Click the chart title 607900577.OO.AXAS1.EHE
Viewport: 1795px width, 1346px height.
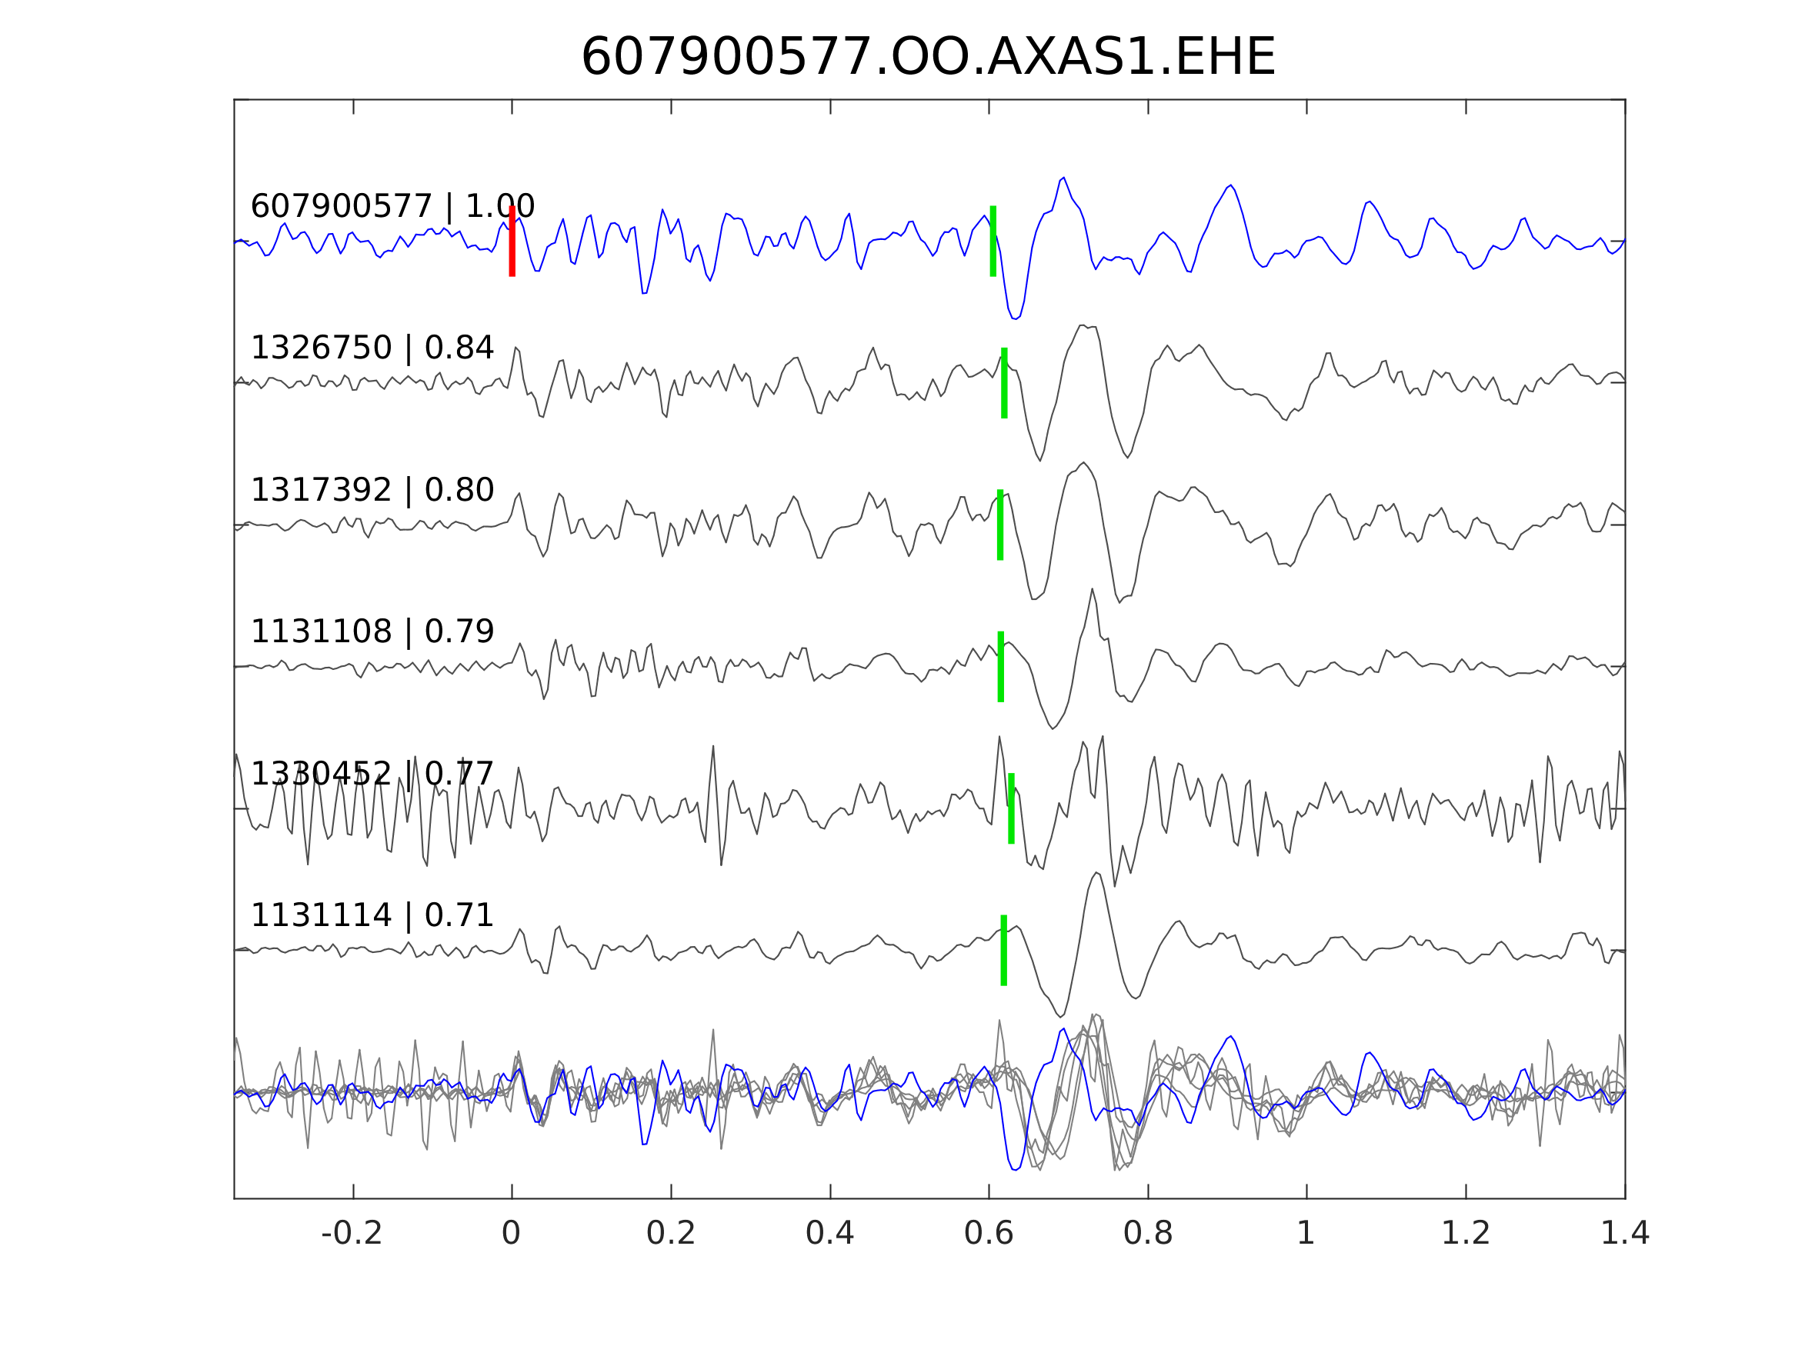(x=929, y=58)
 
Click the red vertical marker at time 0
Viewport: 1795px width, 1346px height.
(x=512, y=241)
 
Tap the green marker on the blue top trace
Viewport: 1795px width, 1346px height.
(x=993, y=241)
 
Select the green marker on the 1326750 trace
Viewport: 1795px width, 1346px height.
(x=1004, y=383)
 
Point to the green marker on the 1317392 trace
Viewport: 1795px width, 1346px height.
(x=999, y=525)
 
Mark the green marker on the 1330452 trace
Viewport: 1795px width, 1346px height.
(x=1011, y=809)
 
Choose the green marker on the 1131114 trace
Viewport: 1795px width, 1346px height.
(x=1004, y=950)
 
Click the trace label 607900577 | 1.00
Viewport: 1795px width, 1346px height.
(x=392, y=207)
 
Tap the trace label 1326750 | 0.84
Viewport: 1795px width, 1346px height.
(x=372, y=348)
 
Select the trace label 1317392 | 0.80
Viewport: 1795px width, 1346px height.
(x=372, y=490)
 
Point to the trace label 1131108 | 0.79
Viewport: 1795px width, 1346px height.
(x=372, y=631)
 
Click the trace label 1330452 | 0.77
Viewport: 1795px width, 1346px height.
(x=372, y=774)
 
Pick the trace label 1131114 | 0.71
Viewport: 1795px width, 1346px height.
(x=372, y=915)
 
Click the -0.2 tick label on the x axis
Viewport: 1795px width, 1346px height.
(x=352, y=1234)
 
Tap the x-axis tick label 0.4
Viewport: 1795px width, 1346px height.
(x=829, y=1234)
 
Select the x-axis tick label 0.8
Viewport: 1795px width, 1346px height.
(x=1147, y=1234)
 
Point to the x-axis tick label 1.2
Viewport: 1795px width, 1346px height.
(x=1466, y=1234)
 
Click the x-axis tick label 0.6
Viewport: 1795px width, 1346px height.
(x=989, y=1234)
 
